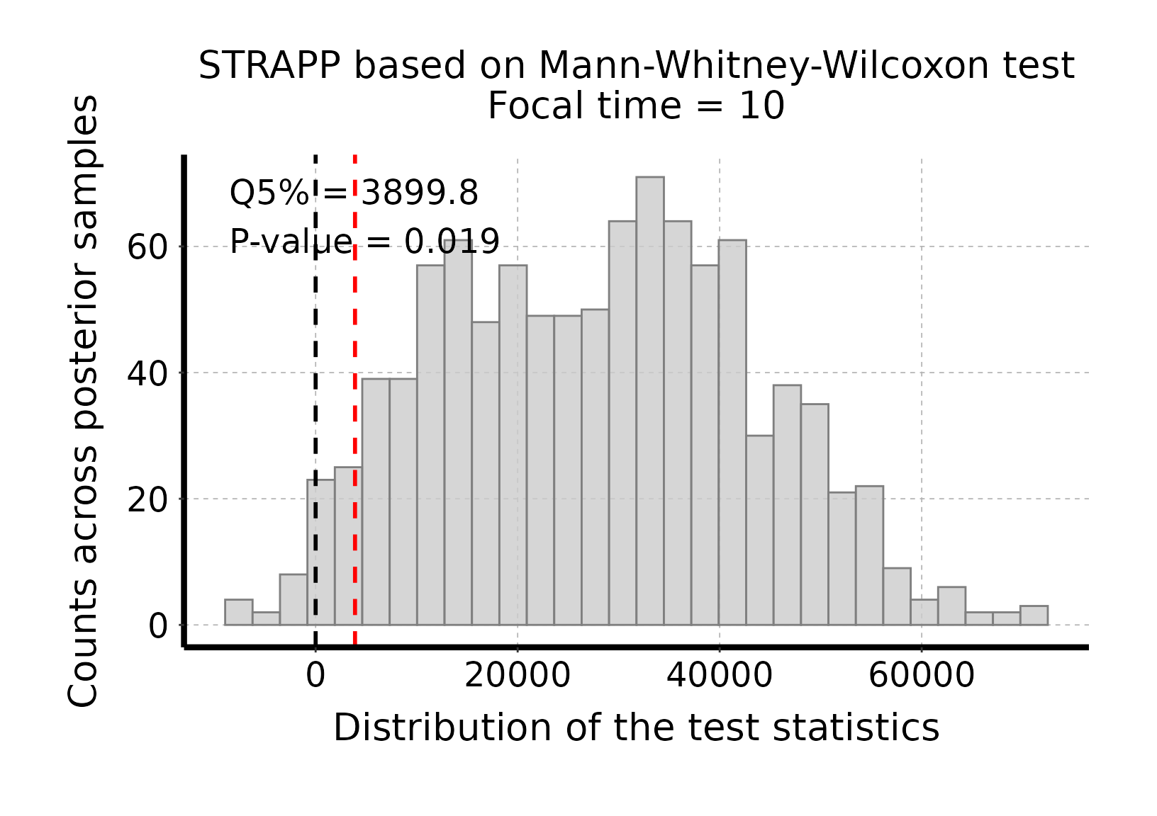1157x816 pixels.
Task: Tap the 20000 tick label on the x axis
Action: pos(518,676)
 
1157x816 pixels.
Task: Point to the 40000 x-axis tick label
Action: pos(720,676)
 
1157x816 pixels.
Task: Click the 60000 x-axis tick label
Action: pos(922,676)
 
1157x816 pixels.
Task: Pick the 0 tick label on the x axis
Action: pos(315,676)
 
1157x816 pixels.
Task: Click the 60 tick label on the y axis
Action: pos(147,248)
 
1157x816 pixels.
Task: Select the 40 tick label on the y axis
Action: pos(147,374)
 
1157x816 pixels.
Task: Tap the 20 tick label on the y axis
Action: pos(147,500)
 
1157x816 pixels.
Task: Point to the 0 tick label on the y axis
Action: pos(157,626)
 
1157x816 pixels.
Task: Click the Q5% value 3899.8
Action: pos(420,193)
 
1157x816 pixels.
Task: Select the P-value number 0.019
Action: pos(452,242)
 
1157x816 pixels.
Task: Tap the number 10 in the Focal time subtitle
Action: pos(761,107)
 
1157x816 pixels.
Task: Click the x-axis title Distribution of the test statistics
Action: pos(636,728)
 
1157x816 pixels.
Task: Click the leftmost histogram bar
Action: pos(238,613)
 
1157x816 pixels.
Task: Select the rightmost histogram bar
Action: pos(1034,616)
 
